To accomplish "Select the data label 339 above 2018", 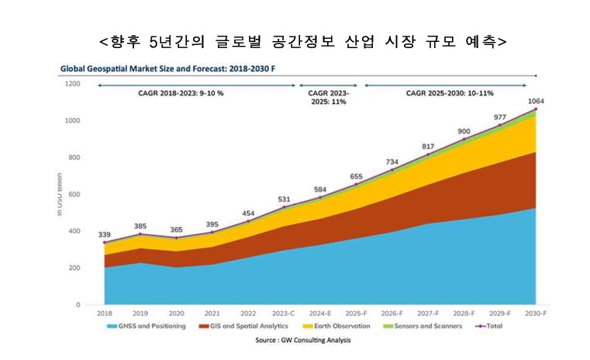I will tap(105, 234).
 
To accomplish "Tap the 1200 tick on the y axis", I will tap(73, 83).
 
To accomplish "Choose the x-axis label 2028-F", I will tap(464, 313).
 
